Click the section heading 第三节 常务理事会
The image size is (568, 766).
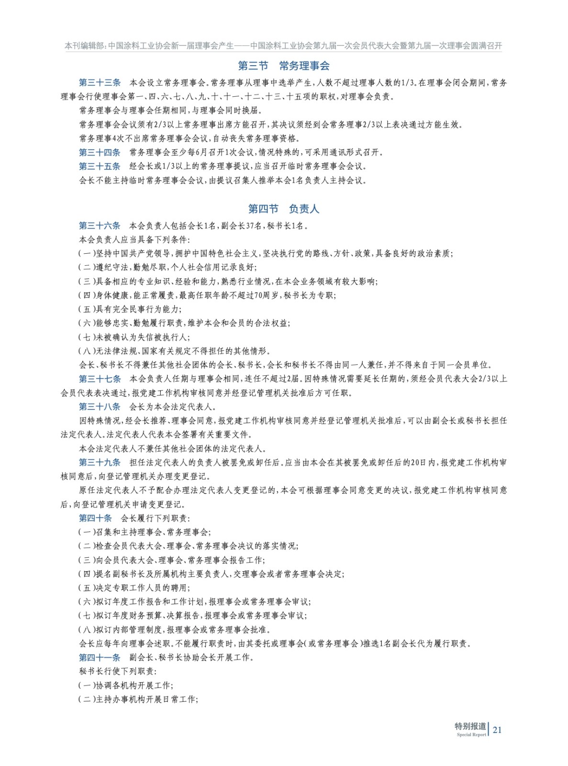pos(284,66)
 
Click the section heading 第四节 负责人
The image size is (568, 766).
pos(283,209)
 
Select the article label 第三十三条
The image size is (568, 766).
pos(100,83)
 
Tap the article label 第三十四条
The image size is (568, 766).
pos(100,153)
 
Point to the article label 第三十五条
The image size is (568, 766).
pos(100,167)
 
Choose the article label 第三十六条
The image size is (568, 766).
pos(100,226)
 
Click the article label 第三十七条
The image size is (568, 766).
pos(100,379)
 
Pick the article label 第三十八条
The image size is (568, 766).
pos(100,407)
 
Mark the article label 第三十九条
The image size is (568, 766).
pos(100,463)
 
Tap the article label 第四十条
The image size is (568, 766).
pos(95,518)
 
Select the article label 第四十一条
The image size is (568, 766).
pos(100,658)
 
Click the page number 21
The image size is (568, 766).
pos(497,730)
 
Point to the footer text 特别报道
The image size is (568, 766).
pos(470,726)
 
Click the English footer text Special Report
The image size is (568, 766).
pos(471,735)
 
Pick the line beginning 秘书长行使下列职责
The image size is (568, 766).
pos(118,672)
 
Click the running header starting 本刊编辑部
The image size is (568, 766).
pos(283,46)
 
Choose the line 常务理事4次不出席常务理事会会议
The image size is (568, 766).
pos(190,139)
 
